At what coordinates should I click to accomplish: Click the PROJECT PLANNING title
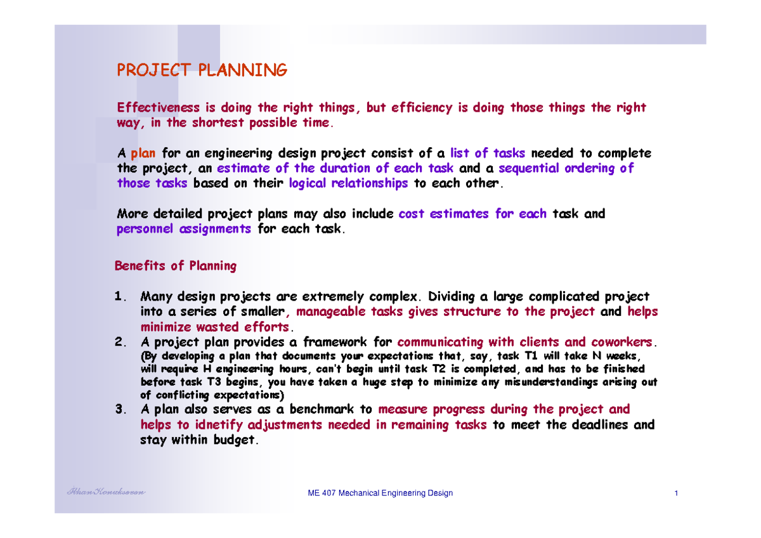(202, 70)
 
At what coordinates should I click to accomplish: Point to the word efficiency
(422, 108)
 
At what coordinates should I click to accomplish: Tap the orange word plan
(143, 154)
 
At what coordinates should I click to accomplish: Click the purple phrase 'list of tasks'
(487, 154)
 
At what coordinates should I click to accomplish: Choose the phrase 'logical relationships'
(348, 184)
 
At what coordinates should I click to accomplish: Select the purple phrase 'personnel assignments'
(184, 229)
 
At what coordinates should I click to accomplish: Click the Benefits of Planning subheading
(176, 266)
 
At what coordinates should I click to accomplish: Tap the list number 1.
(120, 297)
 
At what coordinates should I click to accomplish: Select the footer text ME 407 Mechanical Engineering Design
(379, 494)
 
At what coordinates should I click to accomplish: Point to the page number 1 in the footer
(677, 494)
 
